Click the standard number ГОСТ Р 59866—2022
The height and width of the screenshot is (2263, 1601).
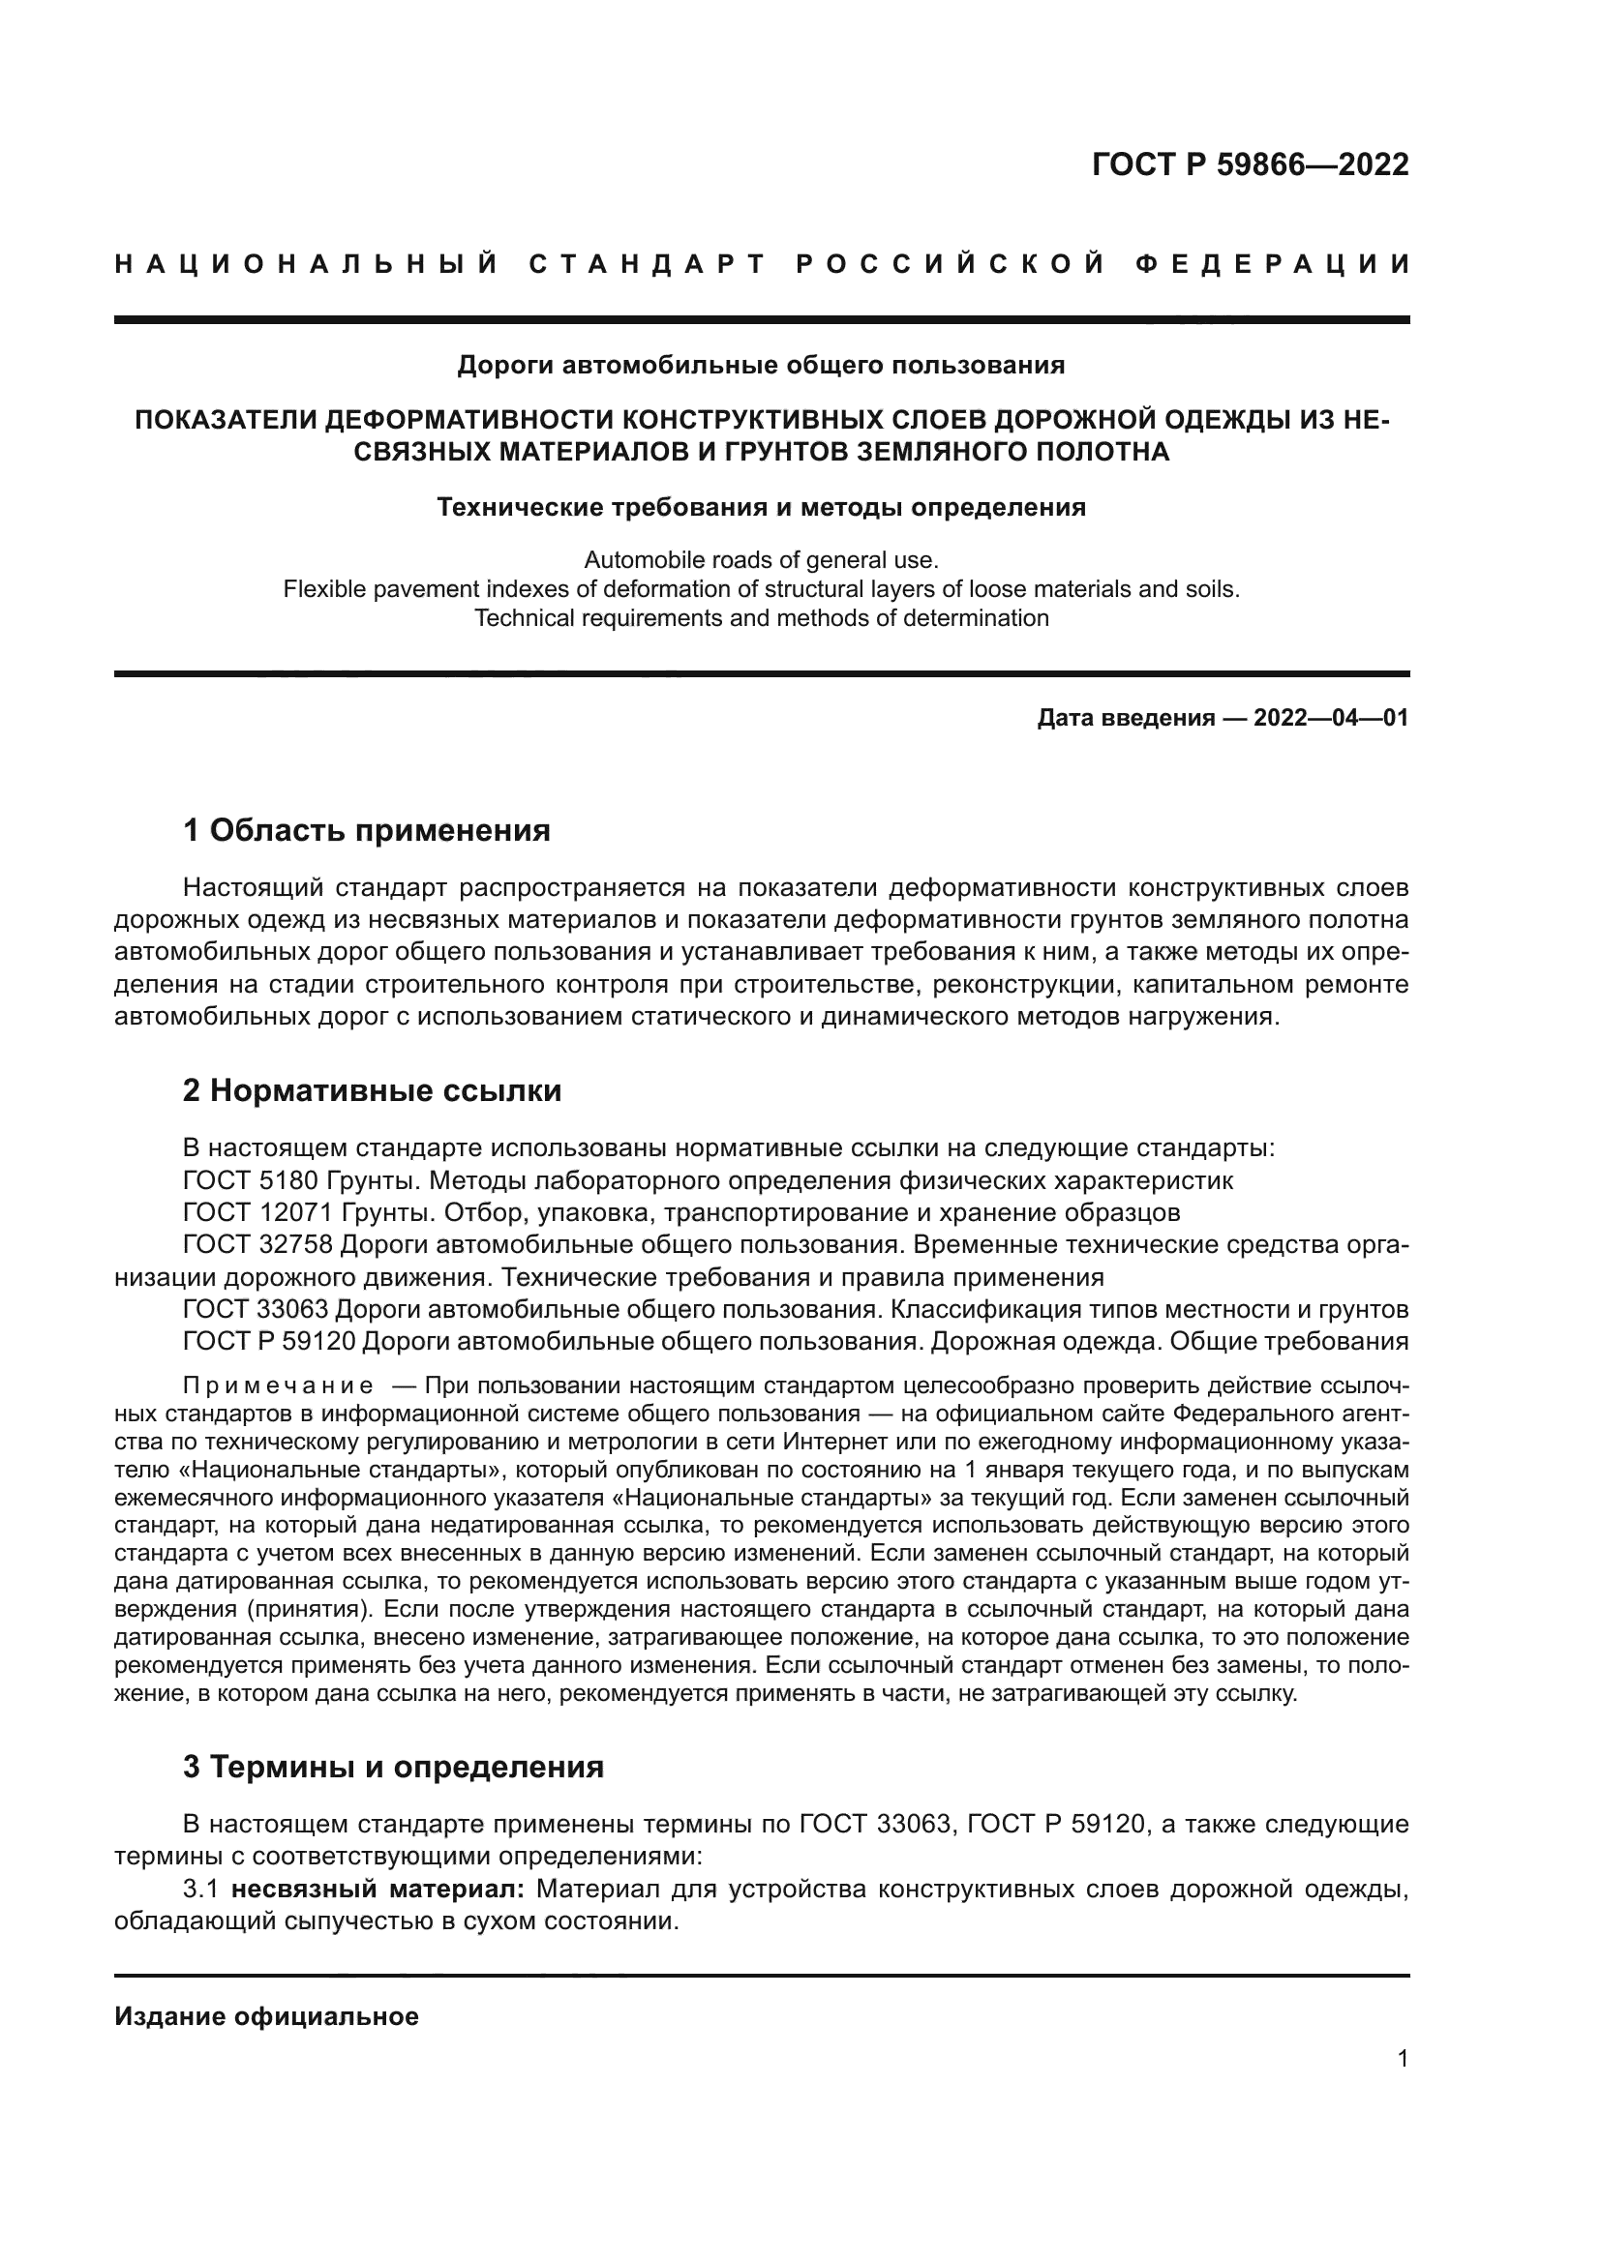1250,164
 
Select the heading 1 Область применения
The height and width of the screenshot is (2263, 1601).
366,831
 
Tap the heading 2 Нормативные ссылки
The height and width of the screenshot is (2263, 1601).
372,1091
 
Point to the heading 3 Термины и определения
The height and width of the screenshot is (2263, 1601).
393,1768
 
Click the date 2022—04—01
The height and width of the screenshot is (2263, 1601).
1331,718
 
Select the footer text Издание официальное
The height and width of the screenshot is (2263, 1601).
266,2016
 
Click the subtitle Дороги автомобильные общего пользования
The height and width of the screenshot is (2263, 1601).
761,366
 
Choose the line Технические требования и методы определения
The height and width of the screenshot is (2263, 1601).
761,508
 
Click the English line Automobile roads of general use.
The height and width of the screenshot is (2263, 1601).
761,561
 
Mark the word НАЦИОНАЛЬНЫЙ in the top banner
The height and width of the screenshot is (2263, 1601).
307,264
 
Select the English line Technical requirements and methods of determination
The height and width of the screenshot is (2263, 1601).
761,619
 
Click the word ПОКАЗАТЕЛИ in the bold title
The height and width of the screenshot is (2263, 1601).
225,420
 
